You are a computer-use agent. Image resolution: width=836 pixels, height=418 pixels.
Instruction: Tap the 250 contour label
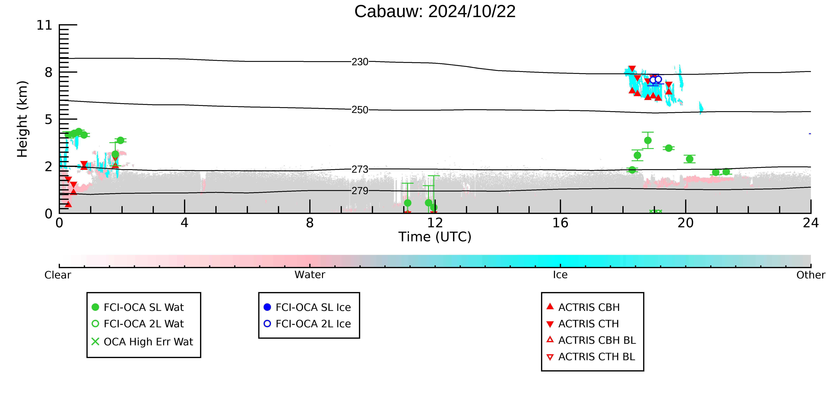(x=360, y=110)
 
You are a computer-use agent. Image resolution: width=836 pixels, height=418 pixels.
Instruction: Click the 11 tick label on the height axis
(x=44, y=25)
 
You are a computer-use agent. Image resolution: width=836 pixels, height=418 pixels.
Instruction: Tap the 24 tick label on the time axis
(x=811, y=223)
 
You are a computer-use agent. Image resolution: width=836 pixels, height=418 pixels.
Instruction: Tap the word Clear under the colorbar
(x=58, y=275)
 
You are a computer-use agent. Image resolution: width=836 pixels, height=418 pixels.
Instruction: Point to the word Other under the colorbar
(x=811, y=275)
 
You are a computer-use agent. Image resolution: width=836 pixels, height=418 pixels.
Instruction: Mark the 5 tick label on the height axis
(x=48, y=120)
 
